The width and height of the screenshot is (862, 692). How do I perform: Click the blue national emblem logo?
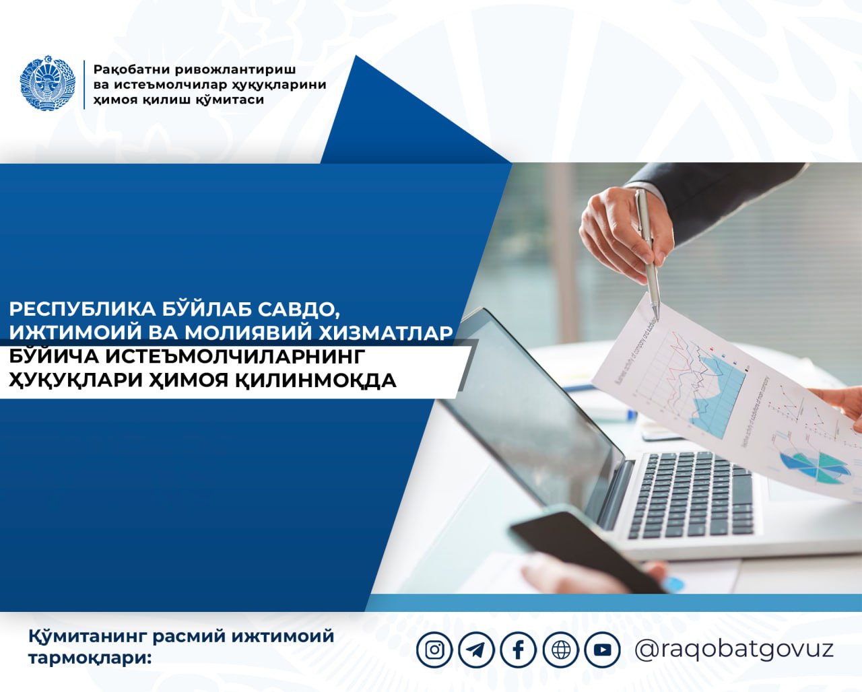coord(48,83)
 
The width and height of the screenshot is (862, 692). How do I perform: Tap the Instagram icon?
coord(434,650)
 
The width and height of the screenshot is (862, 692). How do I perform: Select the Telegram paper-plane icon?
coord(476,650)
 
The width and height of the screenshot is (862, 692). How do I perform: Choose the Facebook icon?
coord(519,650)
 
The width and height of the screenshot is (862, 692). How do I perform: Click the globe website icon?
coord(561,650)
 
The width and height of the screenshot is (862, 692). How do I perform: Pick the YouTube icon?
coord(603,650)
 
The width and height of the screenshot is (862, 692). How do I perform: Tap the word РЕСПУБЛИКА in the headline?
coord(83,309)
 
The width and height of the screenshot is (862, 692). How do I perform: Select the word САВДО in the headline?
coord(299,310)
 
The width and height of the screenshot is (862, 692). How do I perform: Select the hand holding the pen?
coord(627,234)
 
